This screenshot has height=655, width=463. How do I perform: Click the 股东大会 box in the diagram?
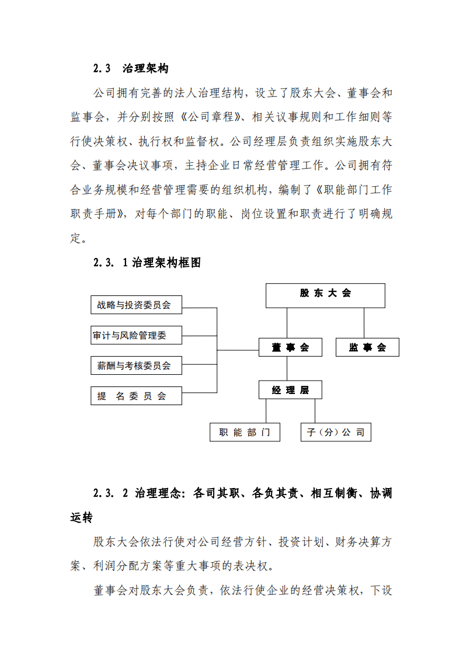click(325, 295)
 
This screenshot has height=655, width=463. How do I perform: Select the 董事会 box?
click(290, 347)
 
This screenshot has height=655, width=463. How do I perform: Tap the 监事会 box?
click(367, 347)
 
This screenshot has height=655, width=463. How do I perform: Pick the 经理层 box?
click(290, 390)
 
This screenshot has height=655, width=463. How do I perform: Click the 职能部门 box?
click(245, 433)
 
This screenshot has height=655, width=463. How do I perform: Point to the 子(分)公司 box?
click(335, 433)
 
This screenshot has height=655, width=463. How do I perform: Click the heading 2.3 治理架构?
click(131, 68)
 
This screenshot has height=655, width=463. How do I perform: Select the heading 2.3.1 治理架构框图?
click(147, 263)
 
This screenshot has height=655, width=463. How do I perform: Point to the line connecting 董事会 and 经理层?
click(287, 369)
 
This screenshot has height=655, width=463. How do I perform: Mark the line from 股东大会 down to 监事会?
click(364, 323)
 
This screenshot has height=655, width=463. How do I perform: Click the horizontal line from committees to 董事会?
click(238, 350)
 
